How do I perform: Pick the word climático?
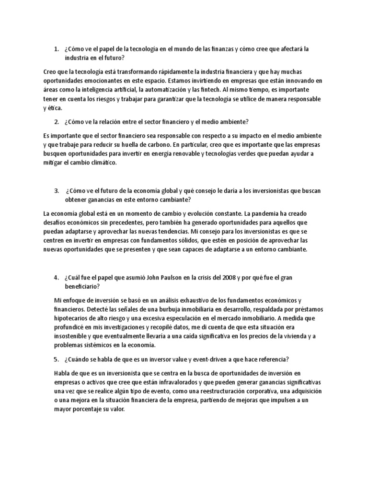[x=103, y=163]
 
